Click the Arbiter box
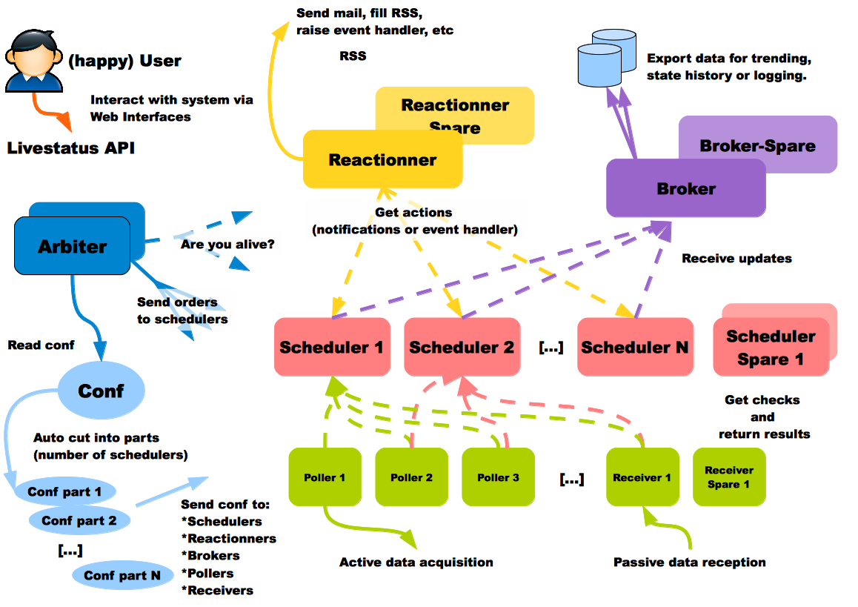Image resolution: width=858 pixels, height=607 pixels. coord(72,246)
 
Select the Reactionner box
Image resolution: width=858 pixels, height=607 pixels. coord(382,159)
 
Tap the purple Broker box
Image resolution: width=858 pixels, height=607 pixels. coord(685,189)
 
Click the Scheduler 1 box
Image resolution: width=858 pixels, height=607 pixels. coord(332,347)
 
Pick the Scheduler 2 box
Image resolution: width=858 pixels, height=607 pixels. coord(461,347)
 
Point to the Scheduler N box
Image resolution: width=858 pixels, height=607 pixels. coord(634,347)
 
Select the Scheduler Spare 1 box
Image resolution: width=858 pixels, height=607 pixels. coord(771,348)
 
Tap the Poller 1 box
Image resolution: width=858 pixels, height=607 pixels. coord(325,477)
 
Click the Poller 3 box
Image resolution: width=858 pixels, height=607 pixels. coord(498,477)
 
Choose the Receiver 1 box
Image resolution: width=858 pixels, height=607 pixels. coord(642,477)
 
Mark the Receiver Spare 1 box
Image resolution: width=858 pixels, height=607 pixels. coord(728,477)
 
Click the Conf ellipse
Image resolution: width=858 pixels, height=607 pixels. coord(101,391)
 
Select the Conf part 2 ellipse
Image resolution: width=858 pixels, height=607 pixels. coord(79,520)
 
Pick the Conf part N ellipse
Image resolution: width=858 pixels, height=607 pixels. coord(122,575)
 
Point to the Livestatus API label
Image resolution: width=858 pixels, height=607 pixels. coord(71,148)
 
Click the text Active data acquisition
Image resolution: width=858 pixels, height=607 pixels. coord(416,562)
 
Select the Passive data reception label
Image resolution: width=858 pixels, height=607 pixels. coord(689,562)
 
